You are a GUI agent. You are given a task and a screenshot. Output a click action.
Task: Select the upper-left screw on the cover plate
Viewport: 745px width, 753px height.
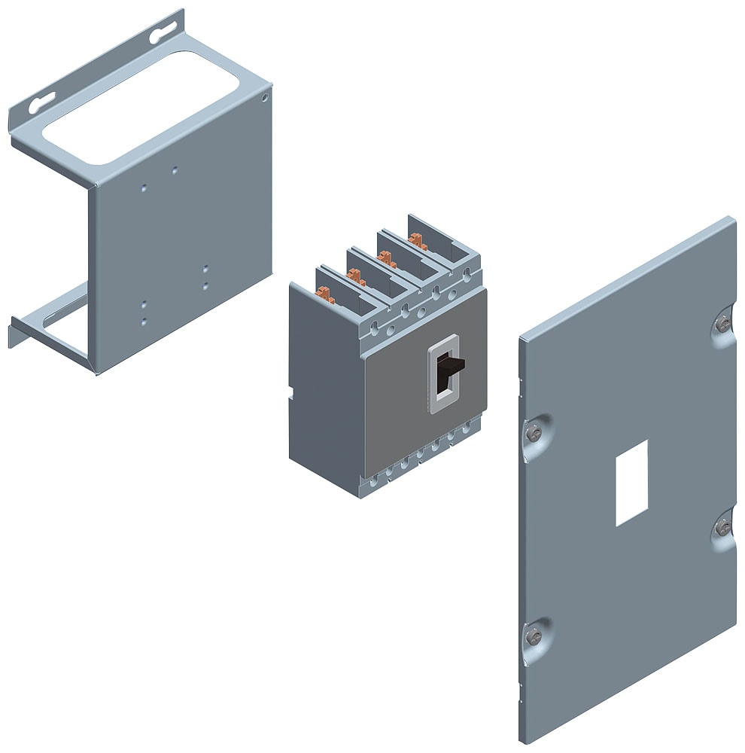point(534,432)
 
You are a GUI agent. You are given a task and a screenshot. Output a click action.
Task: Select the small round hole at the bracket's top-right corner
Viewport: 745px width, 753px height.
point(264,98)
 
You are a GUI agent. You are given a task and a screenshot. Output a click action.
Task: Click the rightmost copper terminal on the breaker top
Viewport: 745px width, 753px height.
point(415,240)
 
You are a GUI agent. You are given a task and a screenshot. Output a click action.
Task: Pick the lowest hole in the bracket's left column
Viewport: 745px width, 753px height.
point(144,322)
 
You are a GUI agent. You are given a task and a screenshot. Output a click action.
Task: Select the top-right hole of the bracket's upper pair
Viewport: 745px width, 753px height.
point(175,171)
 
